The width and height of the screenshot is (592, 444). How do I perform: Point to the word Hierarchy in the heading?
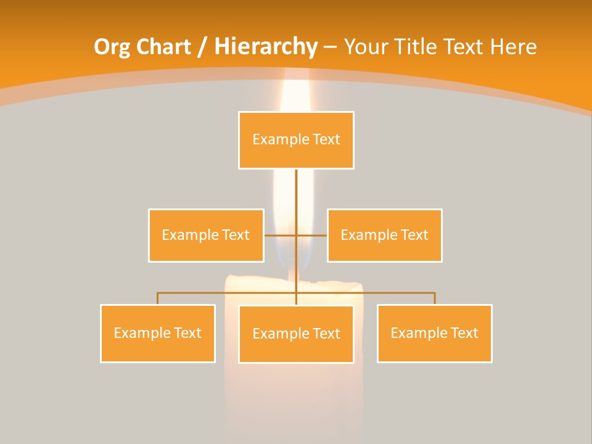(265, 47)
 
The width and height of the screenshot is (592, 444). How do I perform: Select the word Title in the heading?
(419, 47)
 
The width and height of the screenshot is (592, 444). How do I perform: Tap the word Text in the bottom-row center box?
(326, 334)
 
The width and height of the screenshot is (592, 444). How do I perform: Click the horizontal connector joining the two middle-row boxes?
(281, 235)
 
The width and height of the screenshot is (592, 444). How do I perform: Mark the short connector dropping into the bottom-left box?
(158, 298)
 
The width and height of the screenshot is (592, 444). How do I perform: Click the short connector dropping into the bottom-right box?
(435, 298)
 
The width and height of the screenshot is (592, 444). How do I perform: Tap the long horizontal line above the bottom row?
(228, 293)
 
